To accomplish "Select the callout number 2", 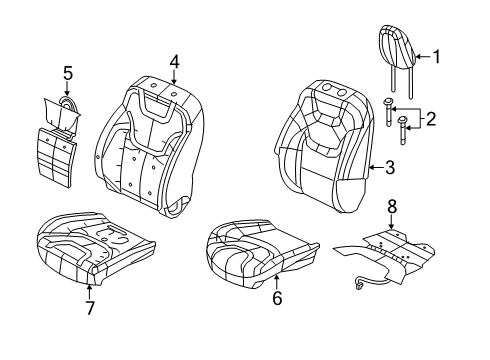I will coord(432,119).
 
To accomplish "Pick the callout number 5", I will coord(68,72).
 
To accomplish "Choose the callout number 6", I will coord(277,297).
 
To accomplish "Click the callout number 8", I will coord(392,207).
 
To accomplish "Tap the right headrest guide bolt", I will coord(403,128).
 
